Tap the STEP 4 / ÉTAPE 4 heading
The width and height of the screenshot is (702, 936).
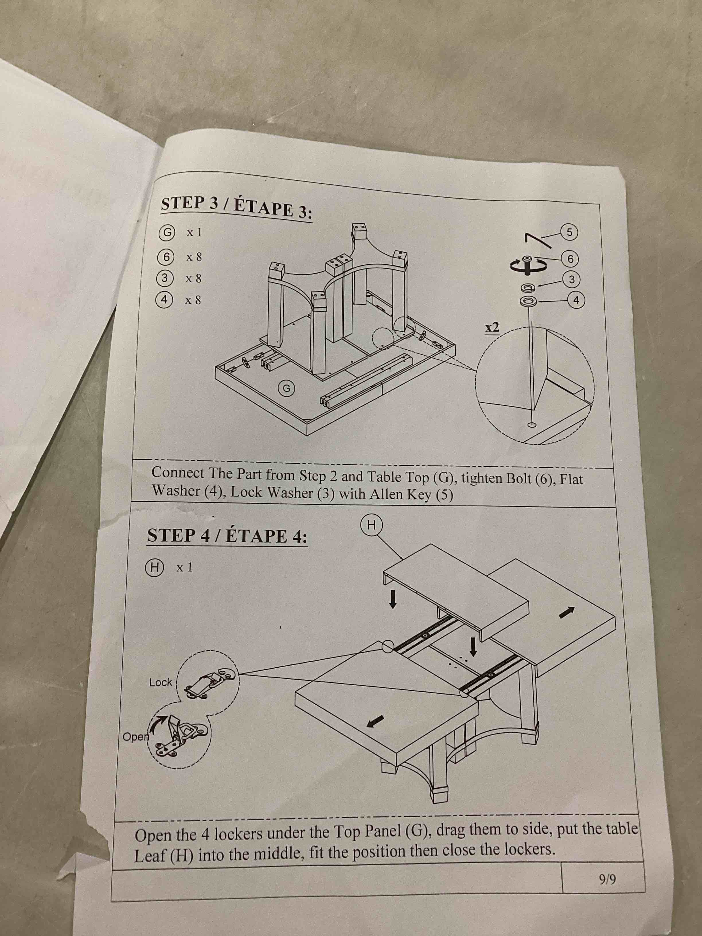[x=227, y=536]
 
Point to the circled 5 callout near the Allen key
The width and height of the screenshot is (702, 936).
[x=569, y=232]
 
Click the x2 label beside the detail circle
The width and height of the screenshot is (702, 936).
[x=492, y=327]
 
